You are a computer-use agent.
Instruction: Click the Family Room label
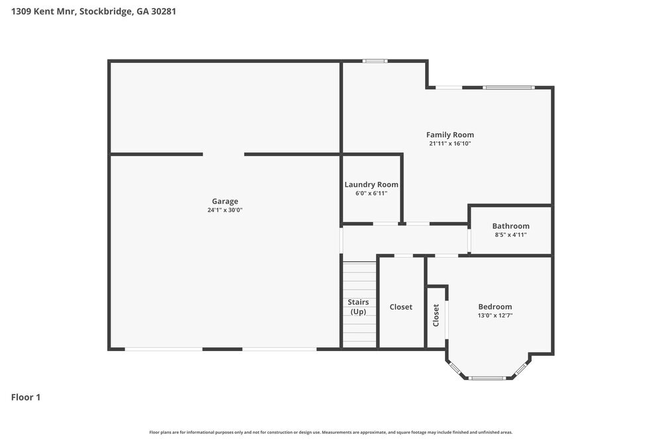449,135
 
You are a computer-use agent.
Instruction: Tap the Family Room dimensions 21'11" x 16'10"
449,143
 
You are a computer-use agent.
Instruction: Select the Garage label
224,201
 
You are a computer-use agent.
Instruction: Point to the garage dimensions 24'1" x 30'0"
224,210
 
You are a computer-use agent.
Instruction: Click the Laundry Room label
371,184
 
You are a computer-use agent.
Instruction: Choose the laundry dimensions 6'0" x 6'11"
371,193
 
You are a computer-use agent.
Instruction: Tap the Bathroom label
510,225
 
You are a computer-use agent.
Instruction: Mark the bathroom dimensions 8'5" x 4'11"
510,235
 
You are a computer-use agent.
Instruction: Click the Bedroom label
495,307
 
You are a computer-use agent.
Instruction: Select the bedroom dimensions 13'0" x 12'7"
495,315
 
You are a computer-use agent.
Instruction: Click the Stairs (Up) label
358,307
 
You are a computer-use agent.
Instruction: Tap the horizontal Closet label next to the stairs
401,307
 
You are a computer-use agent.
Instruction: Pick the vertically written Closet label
436,315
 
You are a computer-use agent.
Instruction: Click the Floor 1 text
26,397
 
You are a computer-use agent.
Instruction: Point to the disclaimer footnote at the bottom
330,432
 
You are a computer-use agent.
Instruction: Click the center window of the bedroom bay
487,378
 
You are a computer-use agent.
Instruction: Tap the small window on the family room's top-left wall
375,61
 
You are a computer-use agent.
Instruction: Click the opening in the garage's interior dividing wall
223,154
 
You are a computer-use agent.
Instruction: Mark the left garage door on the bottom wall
164,349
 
